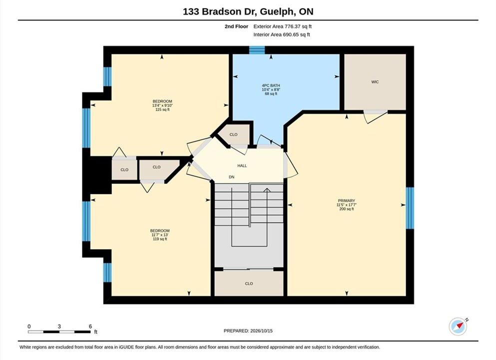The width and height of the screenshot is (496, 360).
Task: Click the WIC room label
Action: pos(375,82)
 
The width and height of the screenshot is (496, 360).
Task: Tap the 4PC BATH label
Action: pos(271,85)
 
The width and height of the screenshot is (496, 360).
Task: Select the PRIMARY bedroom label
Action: pos(346,200)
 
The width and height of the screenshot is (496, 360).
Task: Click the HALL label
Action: pos(242,165)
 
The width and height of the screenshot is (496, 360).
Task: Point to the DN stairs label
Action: pos(232,177)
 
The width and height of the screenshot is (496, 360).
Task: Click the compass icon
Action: pos(458,326)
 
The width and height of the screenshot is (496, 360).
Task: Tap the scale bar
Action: pos(59,332)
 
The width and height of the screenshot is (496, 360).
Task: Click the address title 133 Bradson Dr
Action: pos(220,11)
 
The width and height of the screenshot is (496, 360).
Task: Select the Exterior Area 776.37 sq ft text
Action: pos(283,26)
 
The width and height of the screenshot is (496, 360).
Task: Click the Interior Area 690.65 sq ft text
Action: pos(282,34)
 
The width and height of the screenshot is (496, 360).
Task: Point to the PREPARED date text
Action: pos(248,331)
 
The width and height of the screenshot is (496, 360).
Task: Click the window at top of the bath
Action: pos(257,50)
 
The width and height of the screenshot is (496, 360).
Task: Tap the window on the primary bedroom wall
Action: pos(410,208)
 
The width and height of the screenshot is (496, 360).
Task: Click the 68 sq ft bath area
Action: pos(271,93)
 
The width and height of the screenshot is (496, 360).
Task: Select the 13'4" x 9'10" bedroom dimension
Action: pos(162,105)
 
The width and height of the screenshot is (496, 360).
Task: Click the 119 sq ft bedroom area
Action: pos(160,239)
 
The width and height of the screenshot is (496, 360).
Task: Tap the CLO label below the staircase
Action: pos(249,283)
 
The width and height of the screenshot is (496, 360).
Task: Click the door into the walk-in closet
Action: pos(375,116)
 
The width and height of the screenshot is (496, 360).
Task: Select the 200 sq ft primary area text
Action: pos(346,209)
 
